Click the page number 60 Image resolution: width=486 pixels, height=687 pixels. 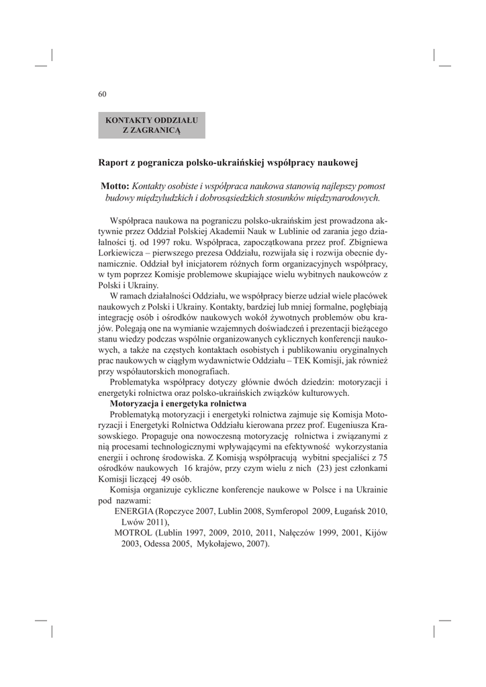pos(103,94)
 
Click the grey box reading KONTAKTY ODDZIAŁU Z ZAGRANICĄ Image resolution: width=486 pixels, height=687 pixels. pos(152,125)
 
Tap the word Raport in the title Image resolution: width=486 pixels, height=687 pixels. pos(115,162)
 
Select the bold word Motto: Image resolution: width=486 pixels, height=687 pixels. pos(115,185)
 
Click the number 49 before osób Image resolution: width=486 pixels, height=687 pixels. pos(167,479)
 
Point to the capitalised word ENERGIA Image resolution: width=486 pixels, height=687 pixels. pos(134,511)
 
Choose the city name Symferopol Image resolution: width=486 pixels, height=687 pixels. pos(290,511)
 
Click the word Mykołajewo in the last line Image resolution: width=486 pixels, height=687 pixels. pos(221,544)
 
